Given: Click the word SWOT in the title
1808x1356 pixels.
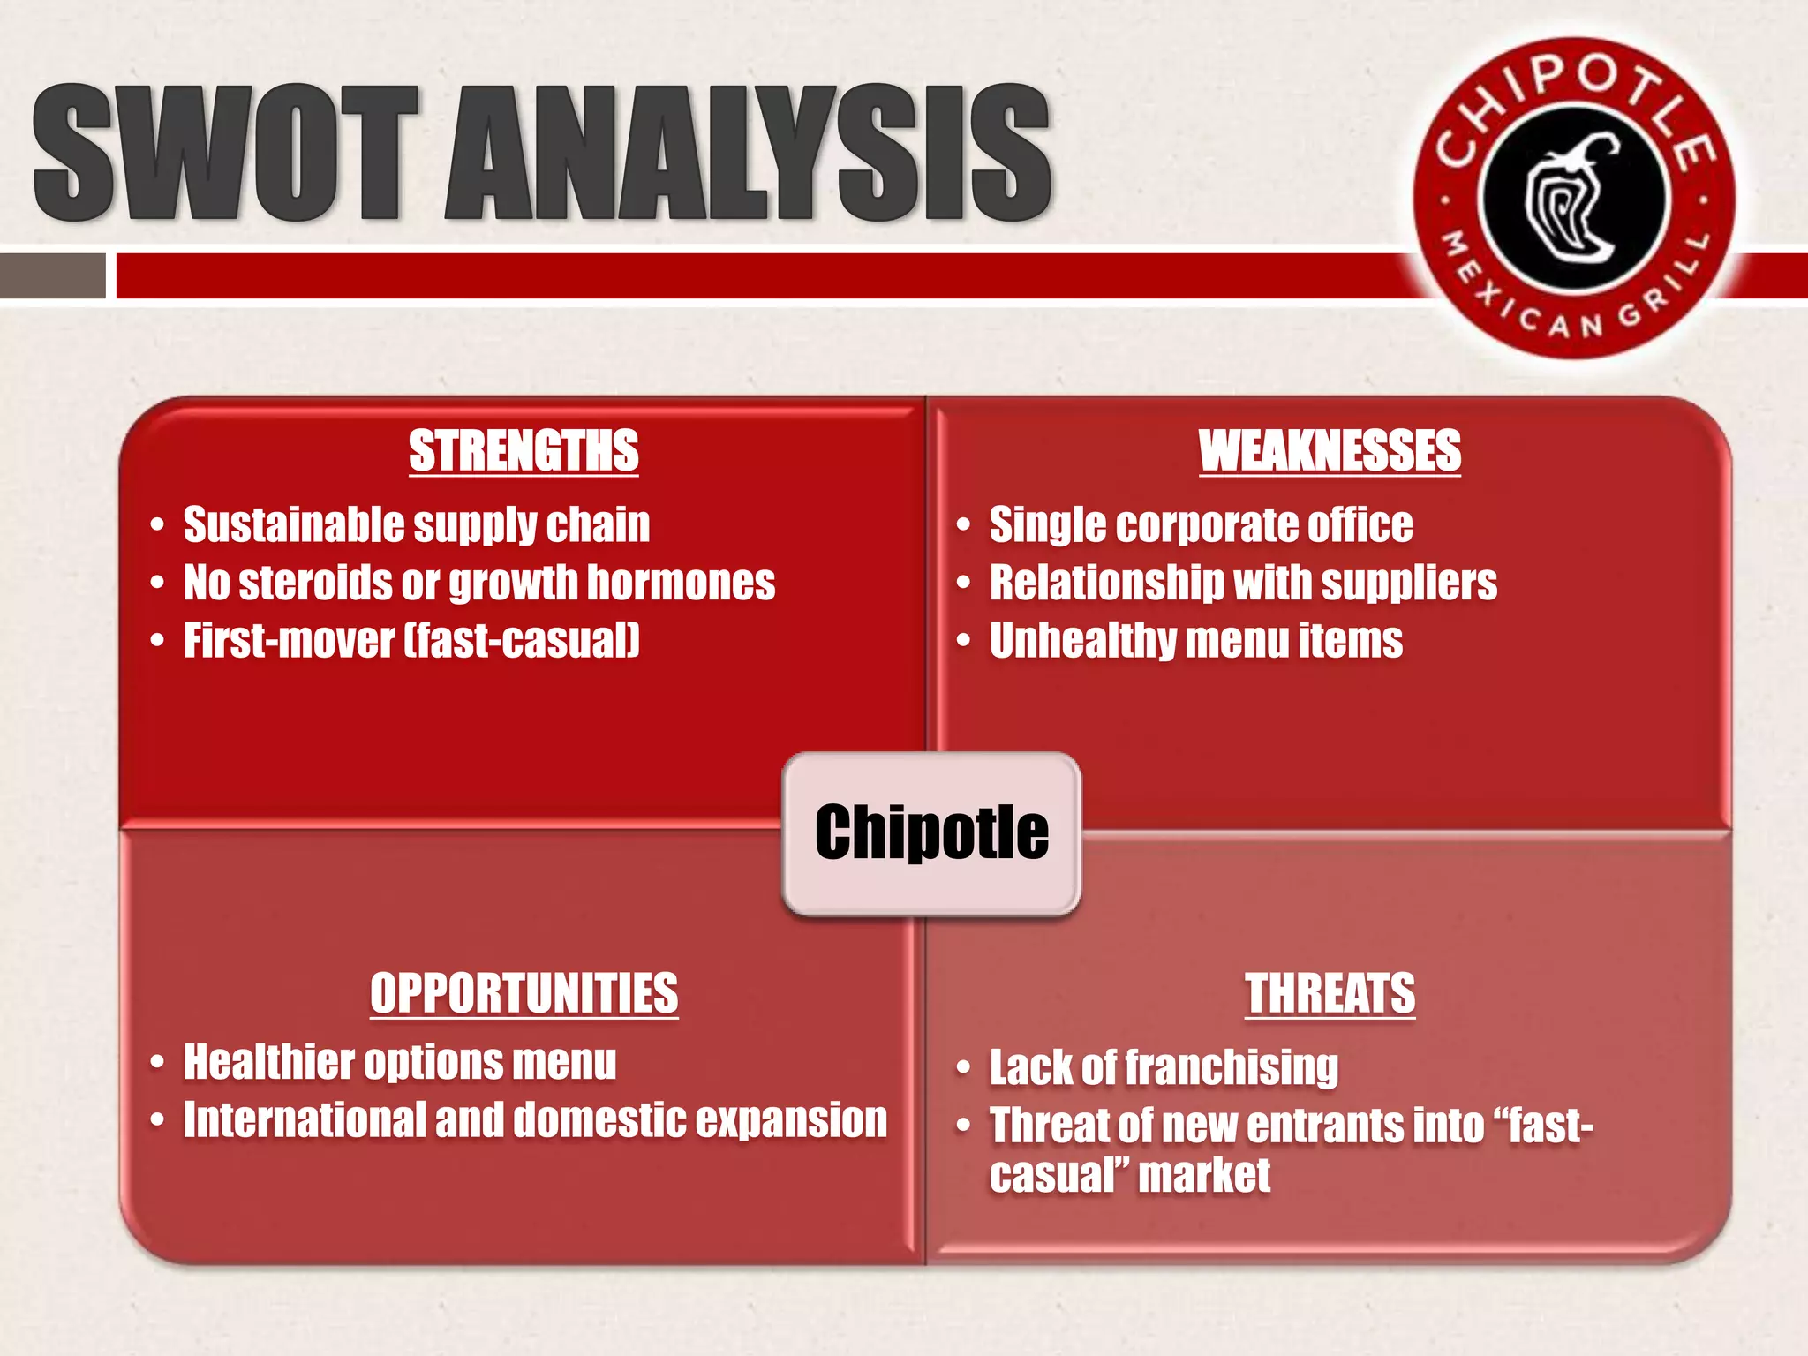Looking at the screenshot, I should (225, 154).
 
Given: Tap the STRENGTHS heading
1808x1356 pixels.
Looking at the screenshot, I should (524, 451).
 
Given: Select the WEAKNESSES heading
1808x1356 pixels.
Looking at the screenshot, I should (1330, 451).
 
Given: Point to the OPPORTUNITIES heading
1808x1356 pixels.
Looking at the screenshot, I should (524, 993).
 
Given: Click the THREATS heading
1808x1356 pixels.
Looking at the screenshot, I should (1330, 993).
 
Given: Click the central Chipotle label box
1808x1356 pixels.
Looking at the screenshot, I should (931, 832).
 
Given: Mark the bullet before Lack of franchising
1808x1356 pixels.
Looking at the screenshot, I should (963, 1069).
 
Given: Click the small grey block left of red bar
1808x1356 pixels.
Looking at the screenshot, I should (52, 275).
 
